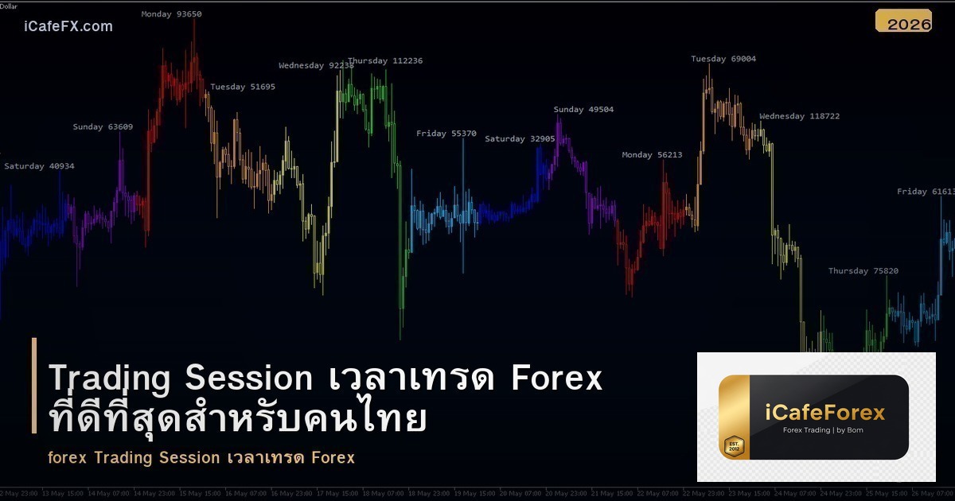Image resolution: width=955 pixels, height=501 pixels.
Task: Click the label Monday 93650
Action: (171, 14)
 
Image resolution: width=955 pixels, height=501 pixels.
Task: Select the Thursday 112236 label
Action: (385, 61)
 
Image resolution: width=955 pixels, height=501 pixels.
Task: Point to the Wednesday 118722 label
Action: (799, 117)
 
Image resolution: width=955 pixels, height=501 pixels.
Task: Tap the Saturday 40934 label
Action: (39, 166)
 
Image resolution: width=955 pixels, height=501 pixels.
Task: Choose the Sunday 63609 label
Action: (103, 127)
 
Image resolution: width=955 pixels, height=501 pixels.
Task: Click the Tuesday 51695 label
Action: (243, 87)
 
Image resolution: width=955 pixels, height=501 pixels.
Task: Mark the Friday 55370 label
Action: (446, 134)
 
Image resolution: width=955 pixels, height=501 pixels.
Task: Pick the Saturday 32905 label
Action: (520, 139)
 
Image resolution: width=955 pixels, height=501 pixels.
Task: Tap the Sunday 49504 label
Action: (583, 110)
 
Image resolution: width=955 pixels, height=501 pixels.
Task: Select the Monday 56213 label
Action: (652, 155)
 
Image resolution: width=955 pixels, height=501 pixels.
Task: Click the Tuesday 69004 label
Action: (723, 59)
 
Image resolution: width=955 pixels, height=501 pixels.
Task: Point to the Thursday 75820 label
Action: (863, 271)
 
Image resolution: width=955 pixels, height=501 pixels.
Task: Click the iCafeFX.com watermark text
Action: (68, 26)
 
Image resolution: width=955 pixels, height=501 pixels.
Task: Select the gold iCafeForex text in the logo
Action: (825, 413)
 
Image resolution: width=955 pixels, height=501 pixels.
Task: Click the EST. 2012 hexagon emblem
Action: (734, 446)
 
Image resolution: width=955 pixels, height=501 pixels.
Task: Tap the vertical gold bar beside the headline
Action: (34, 386)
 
